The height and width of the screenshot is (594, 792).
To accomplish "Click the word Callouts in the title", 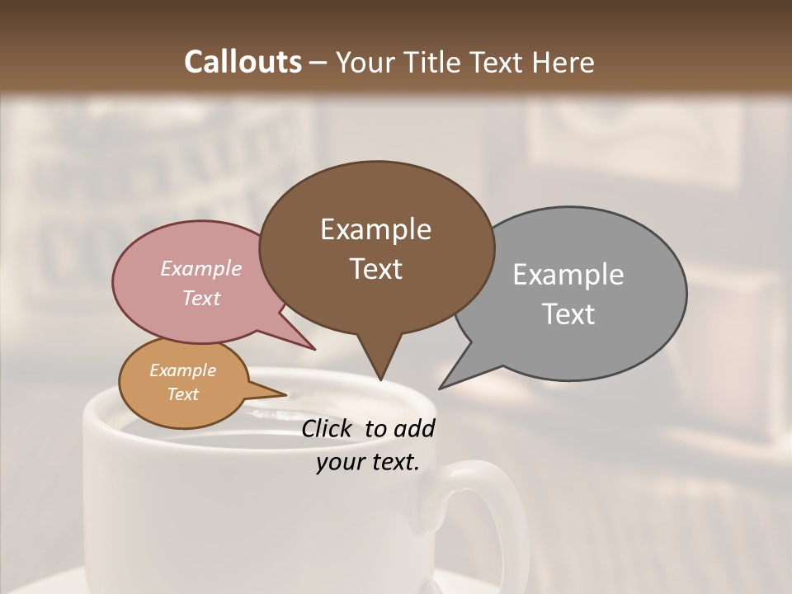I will pos(243,62).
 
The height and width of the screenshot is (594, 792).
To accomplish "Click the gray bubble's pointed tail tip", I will pos(440,389).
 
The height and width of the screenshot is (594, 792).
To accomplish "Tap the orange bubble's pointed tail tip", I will pos(286,394).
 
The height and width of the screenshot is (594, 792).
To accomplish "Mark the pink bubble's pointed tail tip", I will pos(314,350).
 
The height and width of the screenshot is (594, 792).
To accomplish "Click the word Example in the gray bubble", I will pos(568,275).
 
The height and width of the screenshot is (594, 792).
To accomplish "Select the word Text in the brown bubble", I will pos(376,269).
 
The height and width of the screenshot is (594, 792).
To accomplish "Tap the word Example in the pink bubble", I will pos(201,268).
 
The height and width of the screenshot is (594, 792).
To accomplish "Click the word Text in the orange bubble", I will pos(183,394).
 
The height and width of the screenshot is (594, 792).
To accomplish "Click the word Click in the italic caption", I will pos(328,428).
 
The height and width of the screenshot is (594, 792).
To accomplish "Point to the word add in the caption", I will pos(414,428).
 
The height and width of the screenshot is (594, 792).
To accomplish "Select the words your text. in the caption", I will pos(368,462).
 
